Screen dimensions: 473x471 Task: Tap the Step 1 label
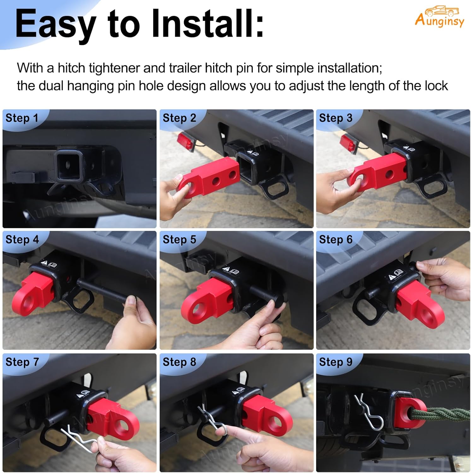tap(22, 118)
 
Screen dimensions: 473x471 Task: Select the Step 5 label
tap(179, 239)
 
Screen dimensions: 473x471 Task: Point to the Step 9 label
tap(335, 362)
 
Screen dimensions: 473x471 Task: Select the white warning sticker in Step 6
tap(395, 275)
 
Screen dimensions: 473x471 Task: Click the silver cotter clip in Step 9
tap(369, 413)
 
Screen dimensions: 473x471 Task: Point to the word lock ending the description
tap(436, 86)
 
